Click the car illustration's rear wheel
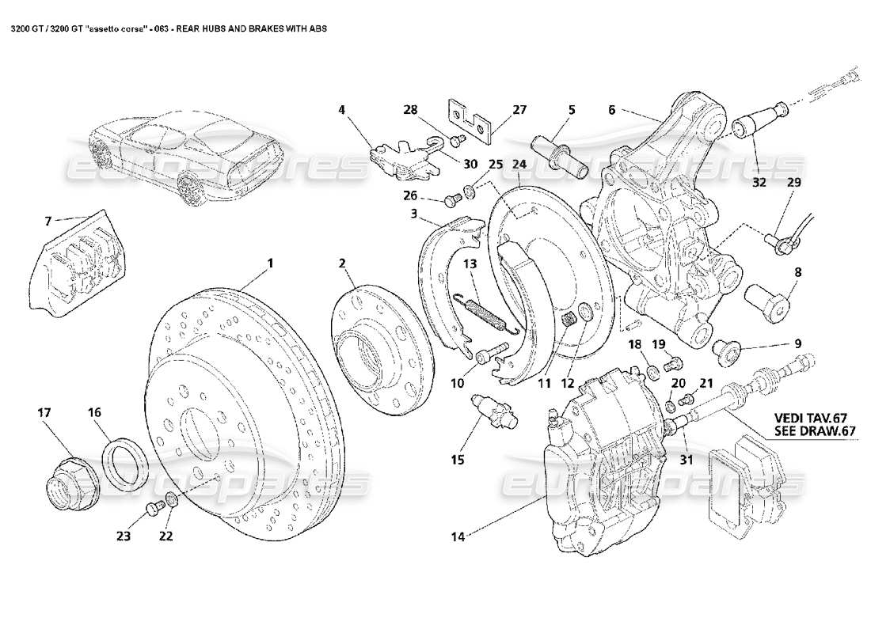[x=187, y=189]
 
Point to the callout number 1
[x=270, y=262]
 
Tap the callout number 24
[x=519, y=164]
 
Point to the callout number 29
[x=794, y=183]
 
